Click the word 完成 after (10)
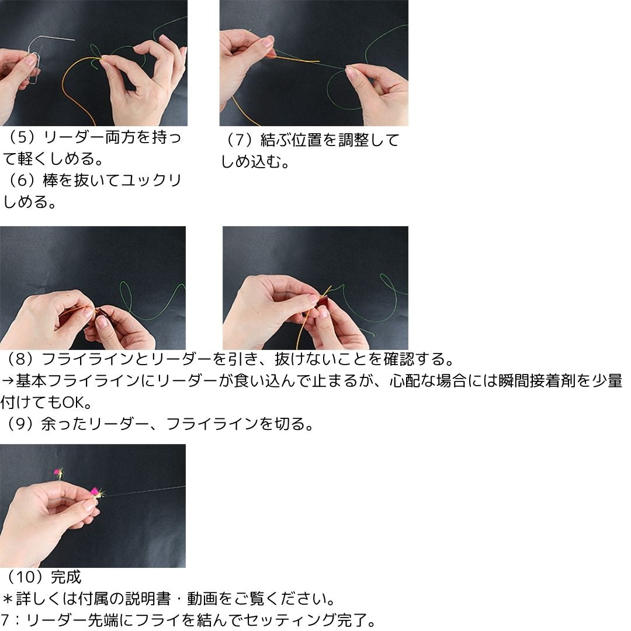[x=66, y=577]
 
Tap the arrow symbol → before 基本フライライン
[x=8, y=380]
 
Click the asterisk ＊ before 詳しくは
[x=8, y=599]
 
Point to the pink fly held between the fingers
[x=95, y=493]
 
